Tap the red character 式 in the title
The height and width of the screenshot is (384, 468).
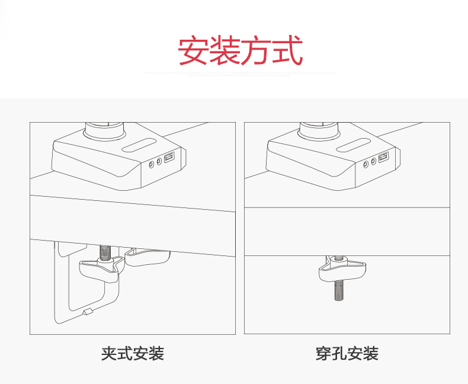[288, 50]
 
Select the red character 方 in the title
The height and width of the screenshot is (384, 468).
[256, 50]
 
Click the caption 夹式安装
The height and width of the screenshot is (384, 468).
[132, 354]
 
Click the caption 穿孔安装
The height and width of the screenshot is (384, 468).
[347, 354]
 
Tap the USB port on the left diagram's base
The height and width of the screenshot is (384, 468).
[169, 159]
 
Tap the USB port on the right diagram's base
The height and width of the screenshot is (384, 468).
[382, 159]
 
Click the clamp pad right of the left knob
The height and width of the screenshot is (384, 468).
[149, 257]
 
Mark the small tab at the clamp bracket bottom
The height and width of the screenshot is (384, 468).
[87, 312]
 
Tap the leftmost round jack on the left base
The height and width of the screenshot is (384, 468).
[152, 163]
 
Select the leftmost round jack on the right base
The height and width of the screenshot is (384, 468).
[366, 163]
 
